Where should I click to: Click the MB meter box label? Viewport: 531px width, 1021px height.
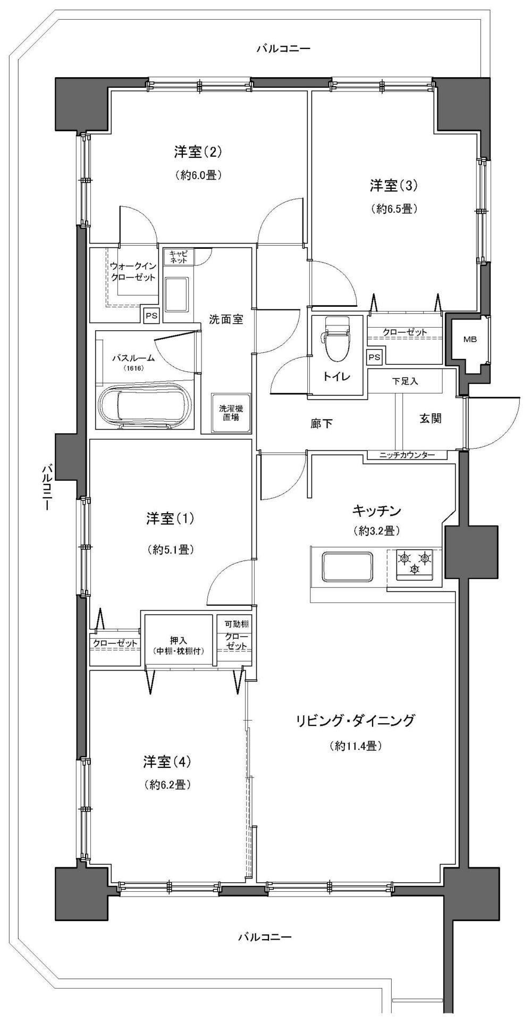(x=469, y=339)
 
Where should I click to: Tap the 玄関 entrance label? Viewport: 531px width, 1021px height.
(x=430, y=419)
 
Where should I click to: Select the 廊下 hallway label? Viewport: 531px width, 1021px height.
(x=322, y=423)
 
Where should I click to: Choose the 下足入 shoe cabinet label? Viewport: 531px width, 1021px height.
(x=406, y=381)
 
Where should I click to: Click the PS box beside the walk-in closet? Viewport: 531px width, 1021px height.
(x=151, y=315)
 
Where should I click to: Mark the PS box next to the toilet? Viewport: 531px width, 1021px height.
(x=374, y=357)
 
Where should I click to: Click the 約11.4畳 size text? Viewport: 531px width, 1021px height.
(x=356, y=747)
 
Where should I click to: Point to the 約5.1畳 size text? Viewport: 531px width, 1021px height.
(x=170, y=550)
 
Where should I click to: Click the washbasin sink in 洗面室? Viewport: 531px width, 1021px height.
(x=176, y=295)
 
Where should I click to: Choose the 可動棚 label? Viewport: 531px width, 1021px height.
(x=234, y=624)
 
